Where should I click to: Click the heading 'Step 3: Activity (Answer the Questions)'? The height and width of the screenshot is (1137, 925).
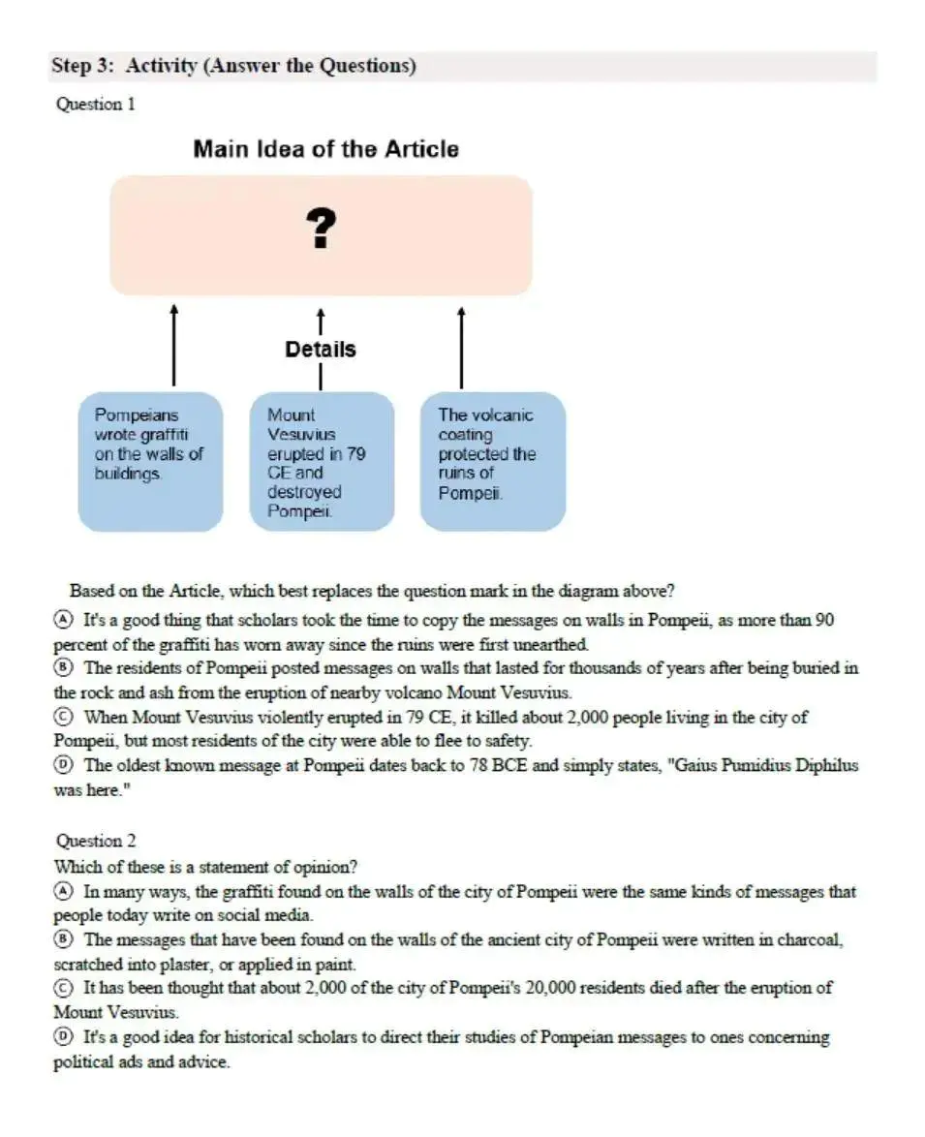pyautogui.click(x=233, y=66)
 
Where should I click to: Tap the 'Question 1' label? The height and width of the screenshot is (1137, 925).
pyautogui.click(x=95, y=104)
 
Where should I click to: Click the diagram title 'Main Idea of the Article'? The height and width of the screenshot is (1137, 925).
pyautogui.click(x=325, y=149)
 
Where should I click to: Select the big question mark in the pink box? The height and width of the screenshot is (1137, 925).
pyautogui.click(x=321, y=230)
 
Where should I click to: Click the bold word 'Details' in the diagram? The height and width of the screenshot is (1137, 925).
pyautogui.click(x=321, y=349)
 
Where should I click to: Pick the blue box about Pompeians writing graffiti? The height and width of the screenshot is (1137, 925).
pyautogui.click(x=150, y=461)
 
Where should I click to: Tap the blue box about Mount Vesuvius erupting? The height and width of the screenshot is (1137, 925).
pyautogui.click(x=322, y=461)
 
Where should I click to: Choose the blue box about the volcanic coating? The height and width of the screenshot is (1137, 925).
pyautogui.click(x=492, y=461)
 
